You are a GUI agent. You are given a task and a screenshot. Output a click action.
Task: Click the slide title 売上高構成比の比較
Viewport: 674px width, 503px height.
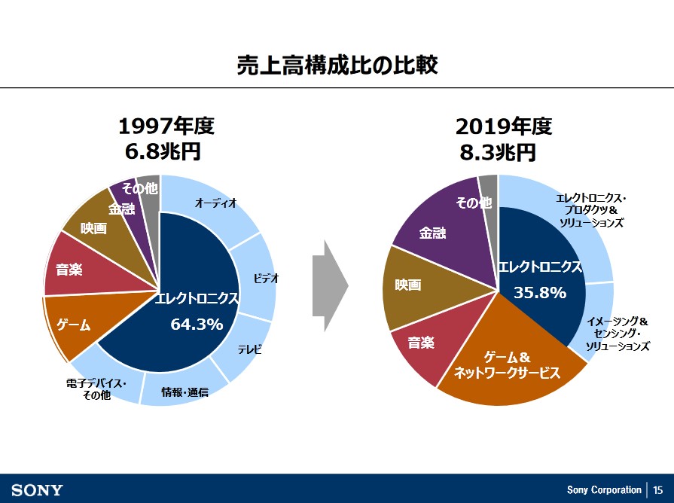click(x=337, y=66)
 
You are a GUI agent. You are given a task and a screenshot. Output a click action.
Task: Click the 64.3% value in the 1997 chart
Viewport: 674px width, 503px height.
click(x=197, y=325)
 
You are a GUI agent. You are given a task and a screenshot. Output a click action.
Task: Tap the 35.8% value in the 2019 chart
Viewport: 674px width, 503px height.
click(x=539, y=293)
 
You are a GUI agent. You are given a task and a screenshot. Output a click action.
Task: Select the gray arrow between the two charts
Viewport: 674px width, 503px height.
click(x=330, y=286)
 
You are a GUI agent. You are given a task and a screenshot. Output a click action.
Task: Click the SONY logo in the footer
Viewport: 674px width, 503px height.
click(x=37, y=489)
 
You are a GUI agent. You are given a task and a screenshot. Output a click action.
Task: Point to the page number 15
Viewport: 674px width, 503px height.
click(x=658, y=489)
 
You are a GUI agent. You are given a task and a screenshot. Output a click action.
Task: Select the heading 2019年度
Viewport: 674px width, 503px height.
click(x=504, y=126)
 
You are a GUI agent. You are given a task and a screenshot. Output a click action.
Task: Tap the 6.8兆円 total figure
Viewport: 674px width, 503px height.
click(x=162, y=151)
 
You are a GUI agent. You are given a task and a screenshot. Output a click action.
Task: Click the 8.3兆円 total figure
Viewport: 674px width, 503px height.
click(x=498, y=151)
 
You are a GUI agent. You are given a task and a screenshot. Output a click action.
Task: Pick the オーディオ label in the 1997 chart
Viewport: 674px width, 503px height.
click(x=216, y=203)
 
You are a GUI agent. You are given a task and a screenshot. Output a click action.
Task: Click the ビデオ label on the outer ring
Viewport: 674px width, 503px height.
click(x=266, y=279)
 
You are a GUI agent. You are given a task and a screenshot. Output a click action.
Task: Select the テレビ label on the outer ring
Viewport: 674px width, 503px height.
click(x=249, y=349)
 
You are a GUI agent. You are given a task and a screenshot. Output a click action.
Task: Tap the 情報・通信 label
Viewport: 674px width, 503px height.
click(x=185, y=392)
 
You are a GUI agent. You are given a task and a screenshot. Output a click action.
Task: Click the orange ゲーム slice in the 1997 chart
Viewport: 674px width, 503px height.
click(x=73, y=325)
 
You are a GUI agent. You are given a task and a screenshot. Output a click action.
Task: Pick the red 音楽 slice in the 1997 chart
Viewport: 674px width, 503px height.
click(x=69, y=267)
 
